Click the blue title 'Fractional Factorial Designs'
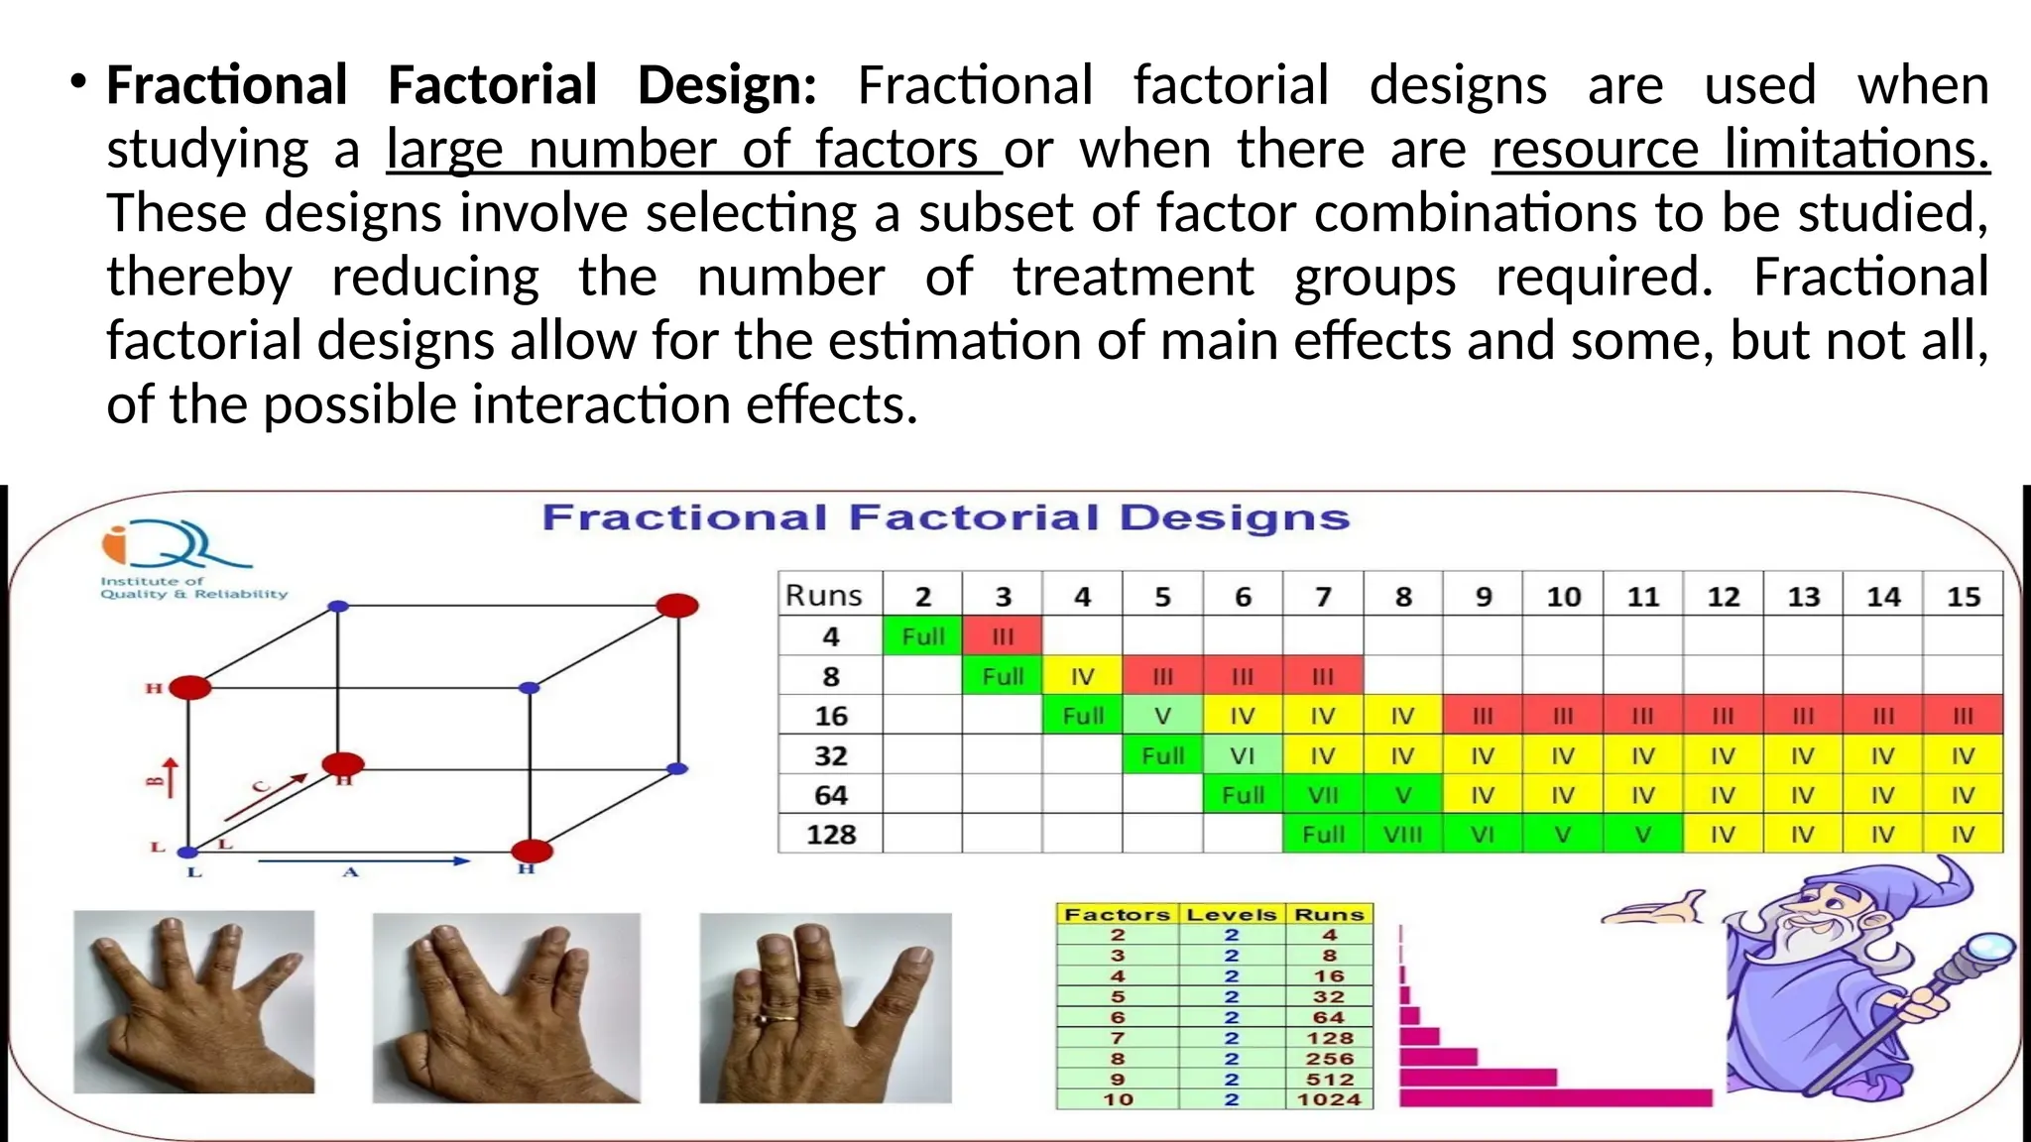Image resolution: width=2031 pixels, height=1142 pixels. [945, 517]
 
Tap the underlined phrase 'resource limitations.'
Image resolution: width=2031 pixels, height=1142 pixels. [1740, 150]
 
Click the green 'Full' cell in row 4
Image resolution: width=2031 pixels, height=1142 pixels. [922, 636]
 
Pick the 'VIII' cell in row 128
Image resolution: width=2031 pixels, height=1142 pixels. [1402, 835]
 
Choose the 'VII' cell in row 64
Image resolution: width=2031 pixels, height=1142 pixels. [1323, 795]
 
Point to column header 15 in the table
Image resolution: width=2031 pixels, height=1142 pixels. [1963, 596]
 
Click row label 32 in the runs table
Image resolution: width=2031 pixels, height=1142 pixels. [831, 755]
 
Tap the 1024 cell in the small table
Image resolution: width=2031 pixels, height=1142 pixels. [1329, 1099]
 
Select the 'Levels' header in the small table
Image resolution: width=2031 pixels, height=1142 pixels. [1231, 914]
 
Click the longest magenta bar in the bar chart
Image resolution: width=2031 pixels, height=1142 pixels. [1555, 1097]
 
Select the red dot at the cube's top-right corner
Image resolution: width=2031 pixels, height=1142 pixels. [677, 605]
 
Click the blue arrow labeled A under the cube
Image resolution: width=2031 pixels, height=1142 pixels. [362, 861]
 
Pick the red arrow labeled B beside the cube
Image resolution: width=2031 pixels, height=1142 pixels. [170, 778]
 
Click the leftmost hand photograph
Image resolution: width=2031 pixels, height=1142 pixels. [194, 1001]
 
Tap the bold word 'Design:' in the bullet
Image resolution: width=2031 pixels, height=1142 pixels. [727, 85]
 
